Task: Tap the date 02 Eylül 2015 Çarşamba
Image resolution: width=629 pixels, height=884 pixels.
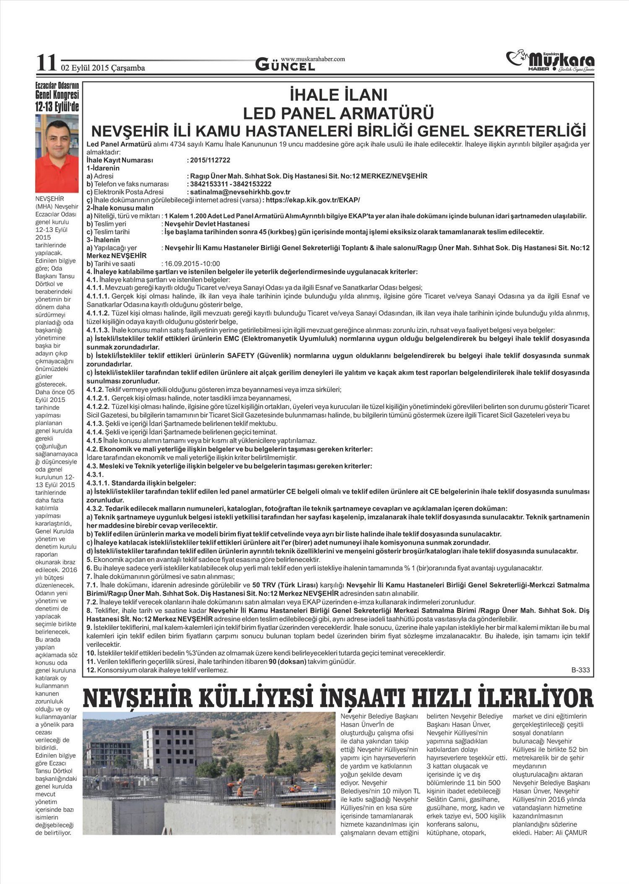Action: (x=103, y=68)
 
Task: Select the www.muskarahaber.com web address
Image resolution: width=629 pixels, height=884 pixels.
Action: (x=313, y=59)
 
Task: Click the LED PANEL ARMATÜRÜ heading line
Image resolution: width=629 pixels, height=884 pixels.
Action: (x=338, y=113)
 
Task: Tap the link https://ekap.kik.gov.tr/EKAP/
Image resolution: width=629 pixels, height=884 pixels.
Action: (x=313, y=200)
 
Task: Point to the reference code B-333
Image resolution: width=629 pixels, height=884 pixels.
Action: (x=580, y=670)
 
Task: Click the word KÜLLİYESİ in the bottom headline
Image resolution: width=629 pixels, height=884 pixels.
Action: (x=265, y=698)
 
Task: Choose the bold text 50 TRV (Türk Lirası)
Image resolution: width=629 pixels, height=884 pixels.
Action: (x=286, y=584)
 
